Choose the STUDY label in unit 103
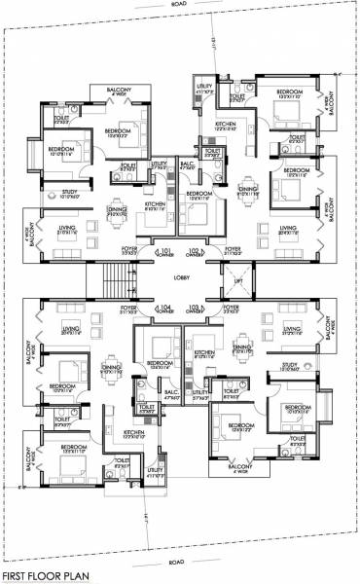coord(287,364)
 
